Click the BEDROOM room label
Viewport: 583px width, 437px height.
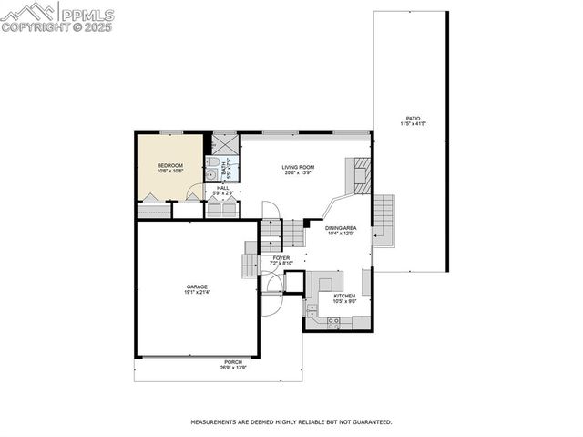(x=170, y=165)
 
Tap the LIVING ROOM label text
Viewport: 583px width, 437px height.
(x=298, y=167)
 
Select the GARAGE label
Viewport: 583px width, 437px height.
(x=197, y=286)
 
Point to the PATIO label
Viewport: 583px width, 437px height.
(x=413, y=118)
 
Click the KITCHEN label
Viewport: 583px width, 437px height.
(x=344, y=296)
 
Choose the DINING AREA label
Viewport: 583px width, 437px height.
(x=340, y=227)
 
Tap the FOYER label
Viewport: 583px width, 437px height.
(x=281, y=258)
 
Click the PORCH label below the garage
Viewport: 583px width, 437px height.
(x=233, y=362)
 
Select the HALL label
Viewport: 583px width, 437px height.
(x=222, y=188)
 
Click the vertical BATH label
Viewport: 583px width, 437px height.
(x=227, y=167)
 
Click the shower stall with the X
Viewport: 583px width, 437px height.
(x=224, y=143)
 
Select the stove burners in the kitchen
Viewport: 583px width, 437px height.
(x=334, y=321)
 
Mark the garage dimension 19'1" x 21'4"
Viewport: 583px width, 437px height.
(x=197, y=293)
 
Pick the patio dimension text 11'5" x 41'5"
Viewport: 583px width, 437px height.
(x=413, y=124)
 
